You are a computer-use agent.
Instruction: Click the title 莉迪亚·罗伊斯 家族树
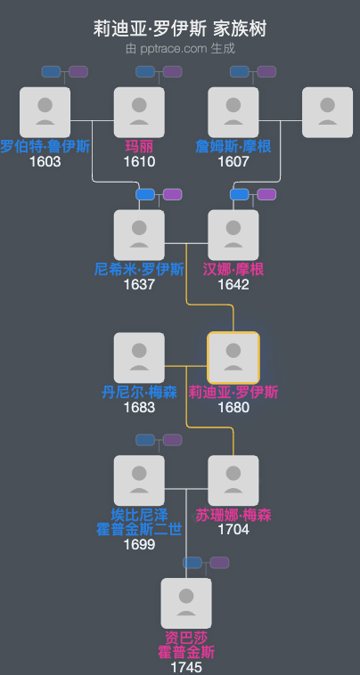click(x=180, y=29)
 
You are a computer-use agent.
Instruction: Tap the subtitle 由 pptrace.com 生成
click(x=180, y=48)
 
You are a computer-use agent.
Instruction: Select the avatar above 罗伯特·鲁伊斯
click(x=45, y=112)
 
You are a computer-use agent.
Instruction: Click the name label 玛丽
click(x=139, y=147)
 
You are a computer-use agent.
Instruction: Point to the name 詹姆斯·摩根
click(x=233, y=147)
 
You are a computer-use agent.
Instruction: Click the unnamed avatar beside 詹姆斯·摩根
click(x=327, y=112)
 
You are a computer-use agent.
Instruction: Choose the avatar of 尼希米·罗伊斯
click(x=139, y=235)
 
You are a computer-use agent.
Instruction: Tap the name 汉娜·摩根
click(x=233, y=269)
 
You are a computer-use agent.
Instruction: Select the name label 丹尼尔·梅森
click(x=139, y=392)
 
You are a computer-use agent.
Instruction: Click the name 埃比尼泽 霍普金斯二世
click(x=139, y=522)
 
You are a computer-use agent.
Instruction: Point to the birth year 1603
click(x=45, y=162)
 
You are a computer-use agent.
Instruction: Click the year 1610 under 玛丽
click(x=139, y=162)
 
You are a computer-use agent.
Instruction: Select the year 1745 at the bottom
click(x=186, y=667)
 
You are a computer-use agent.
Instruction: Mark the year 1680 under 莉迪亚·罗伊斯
click(x=233, y=407)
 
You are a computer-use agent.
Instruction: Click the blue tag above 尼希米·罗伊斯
click(x=145, y=194)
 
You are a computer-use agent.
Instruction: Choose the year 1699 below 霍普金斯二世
click(x=139, y=544)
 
